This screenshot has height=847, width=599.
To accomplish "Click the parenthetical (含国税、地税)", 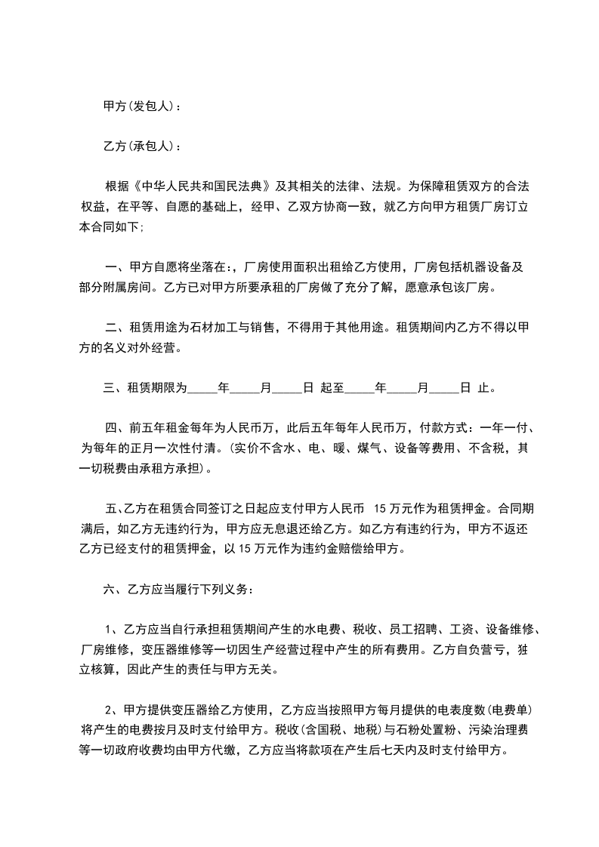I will coord(342,730).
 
